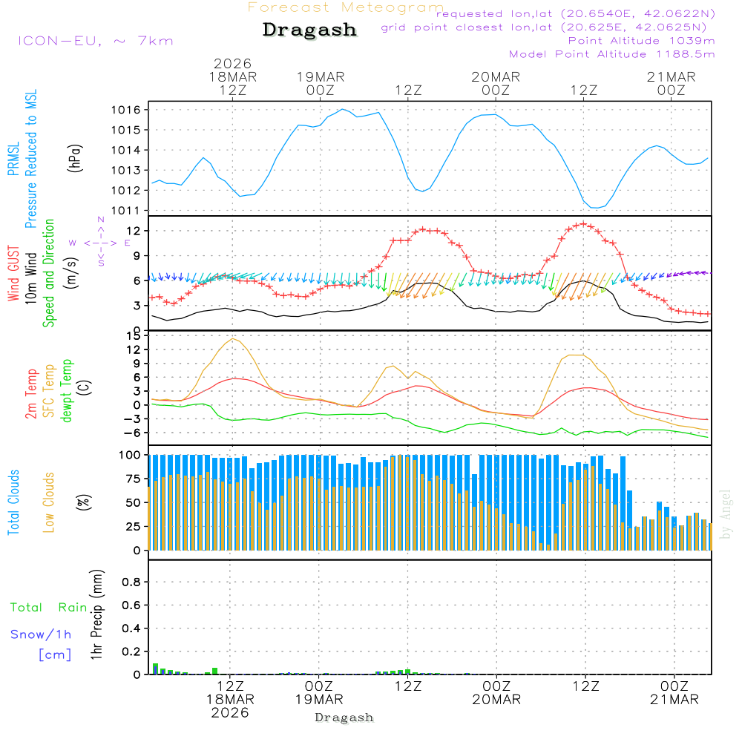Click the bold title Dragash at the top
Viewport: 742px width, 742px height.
coord(309,30)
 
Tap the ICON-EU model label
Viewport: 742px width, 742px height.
coord(95,41)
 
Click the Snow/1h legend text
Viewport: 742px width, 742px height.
coord(41,634)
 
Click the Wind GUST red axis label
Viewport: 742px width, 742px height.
coord(13,275)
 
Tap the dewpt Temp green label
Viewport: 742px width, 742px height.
coord(68,391)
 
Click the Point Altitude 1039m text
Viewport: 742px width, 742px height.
coord(641,40)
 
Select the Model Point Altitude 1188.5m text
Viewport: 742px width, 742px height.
coord(611,54)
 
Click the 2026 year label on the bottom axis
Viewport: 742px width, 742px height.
coord(229,712)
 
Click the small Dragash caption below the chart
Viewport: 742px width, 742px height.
coord(344,718)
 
